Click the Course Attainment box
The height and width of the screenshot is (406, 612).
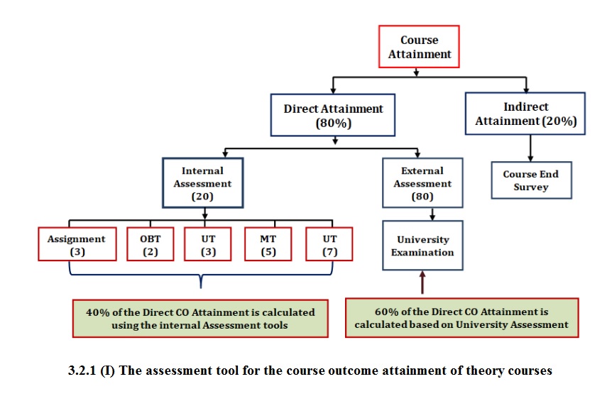tap(419, 46)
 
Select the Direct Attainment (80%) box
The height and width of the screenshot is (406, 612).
tap(333, 115)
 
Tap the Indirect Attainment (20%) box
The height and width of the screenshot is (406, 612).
tap(525, 114)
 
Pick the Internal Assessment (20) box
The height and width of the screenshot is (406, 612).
tap(203, 182)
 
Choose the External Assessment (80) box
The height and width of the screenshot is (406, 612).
tap(422, 182)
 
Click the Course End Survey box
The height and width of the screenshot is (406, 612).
tap(532, 180)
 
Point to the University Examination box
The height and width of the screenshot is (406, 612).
tap(422, 246)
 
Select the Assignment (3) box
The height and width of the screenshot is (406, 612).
tap(77, 244)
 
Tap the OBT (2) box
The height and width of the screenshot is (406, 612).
tap(151, 244)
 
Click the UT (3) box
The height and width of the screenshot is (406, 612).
tap(208, 244)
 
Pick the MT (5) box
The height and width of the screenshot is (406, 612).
tap(268, 244)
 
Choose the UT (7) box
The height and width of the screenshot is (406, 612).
tap(329, 244)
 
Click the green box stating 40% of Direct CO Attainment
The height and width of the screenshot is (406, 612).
tap(200, 319)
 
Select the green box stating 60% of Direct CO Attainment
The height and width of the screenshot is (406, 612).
tap(461, 318)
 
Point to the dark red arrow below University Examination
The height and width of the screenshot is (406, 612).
tap(422, 282)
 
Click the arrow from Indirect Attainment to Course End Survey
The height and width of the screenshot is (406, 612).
tap(530, 148)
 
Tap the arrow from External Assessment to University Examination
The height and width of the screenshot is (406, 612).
tap(432, 214)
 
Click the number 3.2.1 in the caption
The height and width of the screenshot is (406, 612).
tap(82, 371)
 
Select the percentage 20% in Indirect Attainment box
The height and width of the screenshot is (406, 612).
tap(559, 121)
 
